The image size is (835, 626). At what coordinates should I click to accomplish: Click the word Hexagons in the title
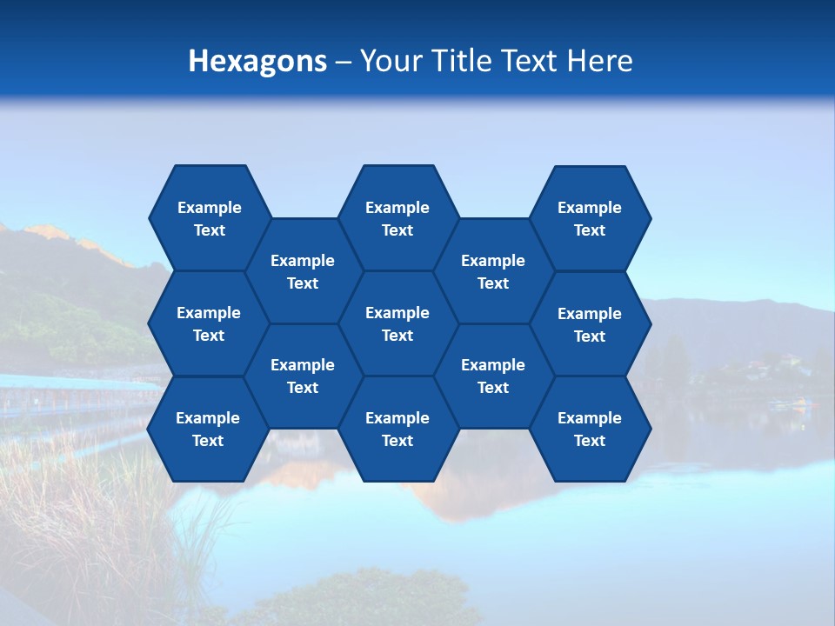coord(257,61)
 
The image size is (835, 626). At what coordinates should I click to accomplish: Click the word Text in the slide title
coord(530,61)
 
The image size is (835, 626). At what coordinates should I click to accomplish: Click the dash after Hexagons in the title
coord(343,62)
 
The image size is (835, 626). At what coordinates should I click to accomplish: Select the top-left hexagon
coord(209,218)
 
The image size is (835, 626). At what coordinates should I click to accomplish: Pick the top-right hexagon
coord(590,218)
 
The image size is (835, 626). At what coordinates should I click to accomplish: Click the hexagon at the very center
coord(397,323)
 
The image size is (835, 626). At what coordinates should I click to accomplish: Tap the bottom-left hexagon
coord(208,429)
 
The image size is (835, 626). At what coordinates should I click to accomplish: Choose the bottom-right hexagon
coord(590,429)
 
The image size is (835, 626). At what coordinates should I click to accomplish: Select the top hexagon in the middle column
coord(397,218)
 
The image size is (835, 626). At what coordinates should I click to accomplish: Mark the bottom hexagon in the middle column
coord(397,429)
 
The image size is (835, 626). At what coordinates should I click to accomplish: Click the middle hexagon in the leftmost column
coord(209,323)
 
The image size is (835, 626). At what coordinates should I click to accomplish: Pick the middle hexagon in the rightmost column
coord(590,324)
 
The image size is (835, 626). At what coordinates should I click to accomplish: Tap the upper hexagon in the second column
coord(303,271)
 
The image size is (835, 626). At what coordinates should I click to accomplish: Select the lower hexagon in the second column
coord(303,376)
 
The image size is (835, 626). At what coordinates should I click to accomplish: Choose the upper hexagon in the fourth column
coord(493,271)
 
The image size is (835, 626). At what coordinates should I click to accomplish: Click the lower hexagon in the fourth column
coord(493,376)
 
